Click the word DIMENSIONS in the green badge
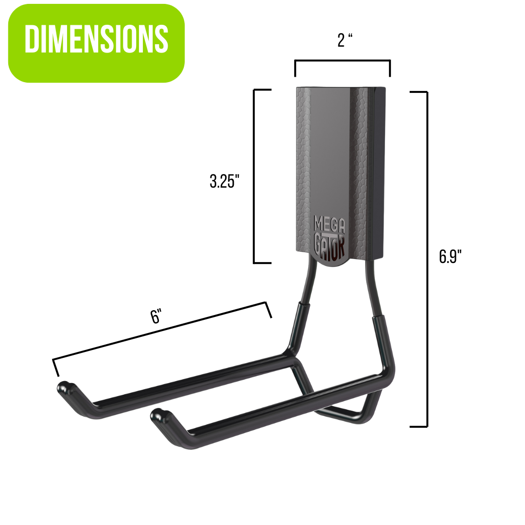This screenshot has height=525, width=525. (96, 39)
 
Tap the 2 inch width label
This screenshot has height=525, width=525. (344, 41)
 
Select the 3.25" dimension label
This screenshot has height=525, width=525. (225, 181)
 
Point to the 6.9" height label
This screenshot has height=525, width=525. (450, 256)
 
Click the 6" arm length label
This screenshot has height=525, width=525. (156, 317)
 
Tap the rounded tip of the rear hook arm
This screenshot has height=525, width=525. (65, 388)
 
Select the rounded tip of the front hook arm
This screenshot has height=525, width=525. (158, 414)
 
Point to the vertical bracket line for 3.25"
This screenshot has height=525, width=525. (254, 176)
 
